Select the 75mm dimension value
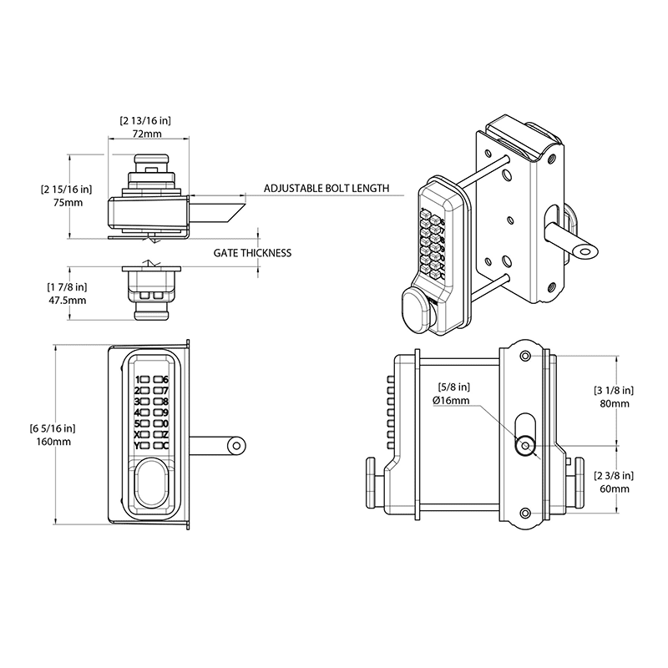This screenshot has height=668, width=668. (68, 203)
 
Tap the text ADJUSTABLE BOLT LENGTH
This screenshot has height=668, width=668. (326, 188)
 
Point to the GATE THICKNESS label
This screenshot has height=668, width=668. (252, 252)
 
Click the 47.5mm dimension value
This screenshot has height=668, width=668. (67, 300)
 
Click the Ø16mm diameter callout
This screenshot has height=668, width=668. (452, 401)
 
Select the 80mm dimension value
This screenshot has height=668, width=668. (614, 403)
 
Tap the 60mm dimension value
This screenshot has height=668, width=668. (614, 488)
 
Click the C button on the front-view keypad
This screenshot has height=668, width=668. (165, 445)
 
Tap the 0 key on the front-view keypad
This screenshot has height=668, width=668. (165, 423)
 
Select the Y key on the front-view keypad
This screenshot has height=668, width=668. (137, 445)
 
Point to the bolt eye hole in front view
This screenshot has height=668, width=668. (237, 445)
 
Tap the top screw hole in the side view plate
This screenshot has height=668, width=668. (524, 357)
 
